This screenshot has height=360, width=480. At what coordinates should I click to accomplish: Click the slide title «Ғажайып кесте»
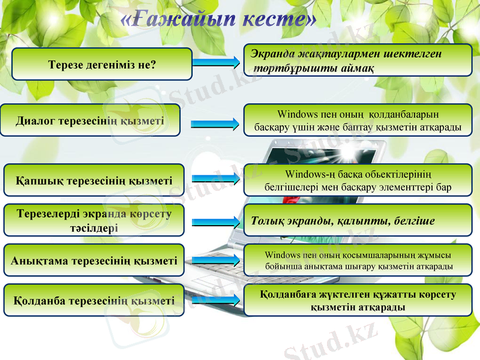pyautogui.click(x=219, y=20)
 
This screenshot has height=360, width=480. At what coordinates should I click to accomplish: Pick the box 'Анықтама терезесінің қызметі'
pyautogui.click(x=94, y=260)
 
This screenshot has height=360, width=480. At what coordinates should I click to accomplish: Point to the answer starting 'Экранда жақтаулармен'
pyautogui.click(x=358, y=61)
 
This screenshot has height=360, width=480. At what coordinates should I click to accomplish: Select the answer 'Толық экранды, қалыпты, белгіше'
pyautogui.click(x=358, y=220)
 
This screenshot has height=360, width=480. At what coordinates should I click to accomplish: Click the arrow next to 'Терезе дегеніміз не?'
pyautogui.click(x=218, y=63)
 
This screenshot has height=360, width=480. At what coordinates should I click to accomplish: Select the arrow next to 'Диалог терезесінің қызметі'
pyautogui.click(x=217, y=124)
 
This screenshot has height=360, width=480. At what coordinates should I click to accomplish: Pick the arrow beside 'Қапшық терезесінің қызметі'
pyautogui.click(x=217, y=178)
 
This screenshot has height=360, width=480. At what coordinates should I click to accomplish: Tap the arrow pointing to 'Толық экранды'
pyautogui.click(x=217, y=221)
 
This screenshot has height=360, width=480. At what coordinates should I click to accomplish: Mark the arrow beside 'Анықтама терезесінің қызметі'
pyautogui.click(x=217, y=259)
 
